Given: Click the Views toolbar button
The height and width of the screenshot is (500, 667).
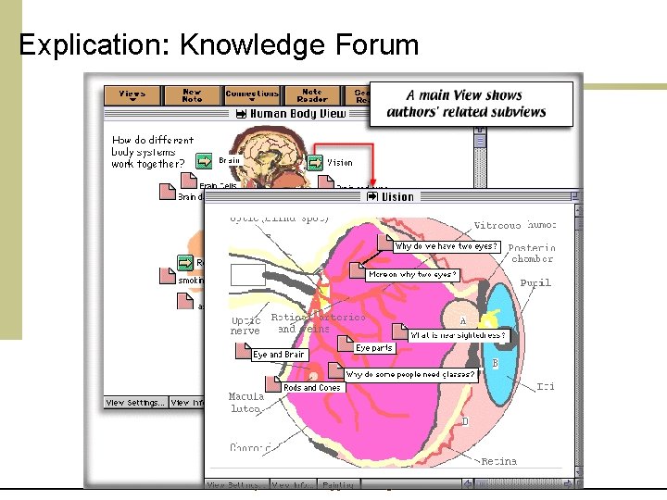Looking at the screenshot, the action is point(132,95).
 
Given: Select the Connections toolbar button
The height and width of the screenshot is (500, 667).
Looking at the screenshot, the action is point(252,95).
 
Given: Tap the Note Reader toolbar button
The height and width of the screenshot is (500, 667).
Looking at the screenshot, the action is point(311,95).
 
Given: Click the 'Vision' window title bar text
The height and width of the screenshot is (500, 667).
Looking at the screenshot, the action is point(397,196).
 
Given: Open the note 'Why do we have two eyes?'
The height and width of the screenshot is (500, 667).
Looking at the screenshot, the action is point(447,246).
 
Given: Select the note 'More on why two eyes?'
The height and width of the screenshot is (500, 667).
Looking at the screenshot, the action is point(412,275).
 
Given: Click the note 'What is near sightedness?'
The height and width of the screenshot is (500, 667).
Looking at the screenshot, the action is point(459,335).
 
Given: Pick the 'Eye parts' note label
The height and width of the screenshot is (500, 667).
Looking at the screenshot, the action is point(374,348).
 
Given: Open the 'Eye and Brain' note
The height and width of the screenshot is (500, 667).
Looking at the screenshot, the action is point(279,355).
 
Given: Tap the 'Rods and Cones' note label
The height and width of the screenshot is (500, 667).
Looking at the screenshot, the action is point(312,388).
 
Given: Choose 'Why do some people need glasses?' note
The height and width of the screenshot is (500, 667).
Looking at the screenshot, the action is point(411,375).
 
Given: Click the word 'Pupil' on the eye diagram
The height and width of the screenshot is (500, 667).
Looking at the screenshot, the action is point(535,283).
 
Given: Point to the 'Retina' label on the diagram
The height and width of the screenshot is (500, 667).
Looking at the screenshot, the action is point(498,461).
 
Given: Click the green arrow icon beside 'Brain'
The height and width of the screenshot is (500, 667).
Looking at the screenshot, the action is point(205,161).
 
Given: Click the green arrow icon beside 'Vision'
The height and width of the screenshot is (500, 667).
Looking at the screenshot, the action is point(315,162).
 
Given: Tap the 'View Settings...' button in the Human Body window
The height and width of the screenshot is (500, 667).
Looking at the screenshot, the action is point(135,403).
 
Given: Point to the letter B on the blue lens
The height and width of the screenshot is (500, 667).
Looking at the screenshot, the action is point(496,364).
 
